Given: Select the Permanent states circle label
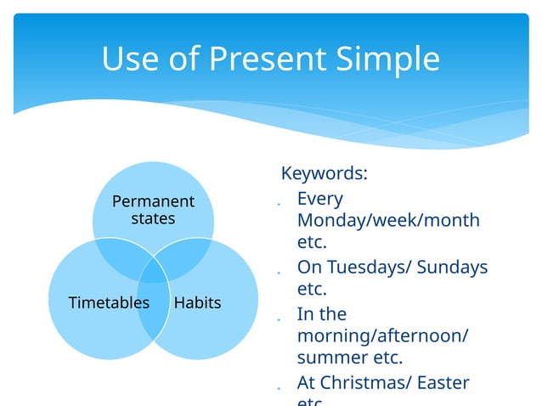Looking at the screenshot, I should click(153, 210).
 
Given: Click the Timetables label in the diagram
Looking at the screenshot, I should click(109, 302).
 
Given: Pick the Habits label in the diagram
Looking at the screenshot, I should click(197, 302).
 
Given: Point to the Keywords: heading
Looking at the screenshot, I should click(325, 174).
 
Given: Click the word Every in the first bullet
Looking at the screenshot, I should click(320, 199).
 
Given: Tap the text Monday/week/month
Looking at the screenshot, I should click(388, 221).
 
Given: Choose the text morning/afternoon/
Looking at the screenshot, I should click(382, 336).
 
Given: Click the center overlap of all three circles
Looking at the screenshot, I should click(153, 272).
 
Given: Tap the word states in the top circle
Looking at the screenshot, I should click(153, 218).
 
